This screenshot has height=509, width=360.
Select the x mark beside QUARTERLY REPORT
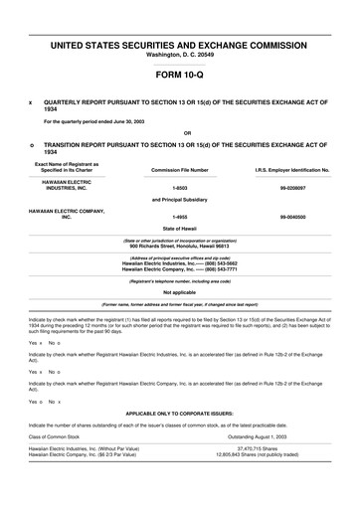[x=31, y=102]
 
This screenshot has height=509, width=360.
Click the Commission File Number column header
[x=180, y=170]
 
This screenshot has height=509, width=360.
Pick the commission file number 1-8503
[x=180, y=188]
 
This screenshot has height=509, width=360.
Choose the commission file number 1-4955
[x=180, y=216]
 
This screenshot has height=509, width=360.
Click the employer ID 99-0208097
[x=292, y=188]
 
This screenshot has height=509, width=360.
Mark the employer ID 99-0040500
[x=292, y=216]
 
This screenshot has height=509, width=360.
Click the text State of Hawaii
[x=180, y=229]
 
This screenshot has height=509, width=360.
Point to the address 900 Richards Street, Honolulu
[x=180, y=245]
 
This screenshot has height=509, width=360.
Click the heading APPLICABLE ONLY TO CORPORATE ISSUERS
[x=180, y=410]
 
